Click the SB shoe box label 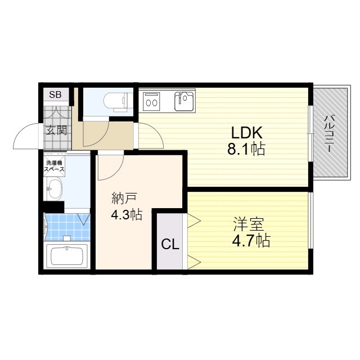55,94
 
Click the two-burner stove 151,101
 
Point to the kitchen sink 184,101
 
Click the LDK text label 246,133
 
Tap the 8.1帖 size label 246,148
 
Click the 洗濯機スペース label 54,166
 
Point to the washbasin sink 55,190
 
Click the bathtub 67,256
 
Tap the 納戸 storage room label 124,199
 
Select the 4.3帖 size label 127,214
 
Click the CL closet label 170,244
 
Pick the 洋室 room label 249,224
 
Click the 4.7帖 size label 251,240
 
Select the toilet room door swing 101,139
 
